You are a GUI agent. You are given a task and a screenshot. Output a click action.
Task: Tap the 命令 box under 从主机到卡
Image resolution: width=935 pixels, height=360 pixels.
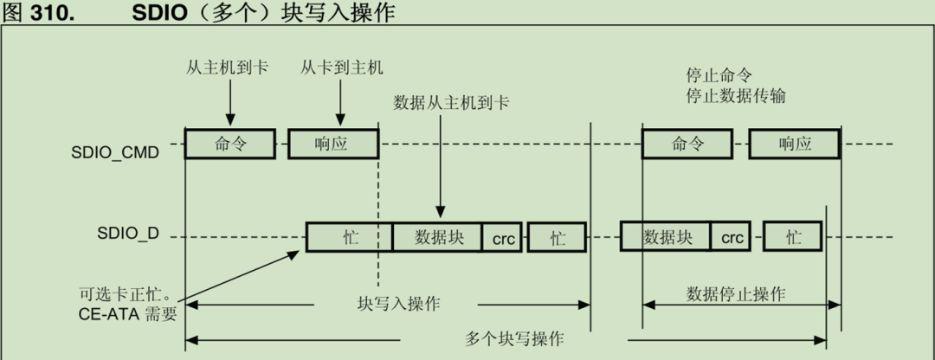[230, 144]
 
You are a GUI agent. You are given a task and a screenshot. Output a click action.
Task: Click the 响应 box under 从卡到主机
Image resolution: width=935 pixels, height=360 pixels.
[332, 144]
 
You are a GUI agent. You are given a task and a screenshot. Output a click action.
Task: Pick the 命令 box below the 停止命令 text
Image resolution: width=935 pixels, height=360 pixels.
[688, 144]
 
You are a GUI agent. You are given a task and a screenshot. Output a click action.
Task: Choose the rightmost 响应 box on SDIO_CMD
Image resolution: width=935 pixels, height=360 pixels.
[794, 144]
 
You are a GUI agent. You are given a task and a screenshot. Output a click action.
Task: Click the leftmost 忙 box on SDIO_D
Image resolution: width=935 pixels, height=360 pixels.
[350, 237]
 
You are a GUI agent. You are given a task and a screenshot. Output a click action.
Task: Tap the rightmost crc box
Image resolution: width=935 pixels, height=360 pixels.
[732, 237]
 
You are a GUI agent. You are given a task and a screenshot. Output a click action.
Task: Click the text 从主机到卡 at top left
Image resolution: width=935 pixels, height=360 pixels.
[227, 67]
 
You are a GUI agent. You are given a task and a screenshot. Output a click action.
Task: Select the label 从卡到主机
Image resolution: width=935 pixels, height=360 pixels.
[341, 67]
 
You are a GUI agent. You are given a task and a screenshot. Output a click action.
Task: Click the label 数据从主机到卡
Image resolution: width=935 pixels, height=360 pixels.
[451, 103]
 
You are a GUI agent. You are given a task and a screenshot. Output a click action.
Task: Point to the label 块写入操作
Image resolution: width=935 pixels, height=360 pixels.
[398, 304]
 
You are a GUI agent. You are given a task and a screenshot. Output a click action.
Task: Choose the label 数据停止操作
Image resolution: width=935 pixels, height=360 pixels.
[736, 293]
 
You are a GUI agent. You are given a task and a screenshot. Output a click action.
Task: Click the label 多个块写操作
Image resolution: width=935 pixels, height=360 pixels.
[514, 337]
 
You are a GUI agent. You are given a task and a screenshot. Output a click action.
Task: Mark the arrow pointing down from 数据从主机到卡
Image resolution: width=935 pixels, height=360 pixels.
[440, 164]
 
